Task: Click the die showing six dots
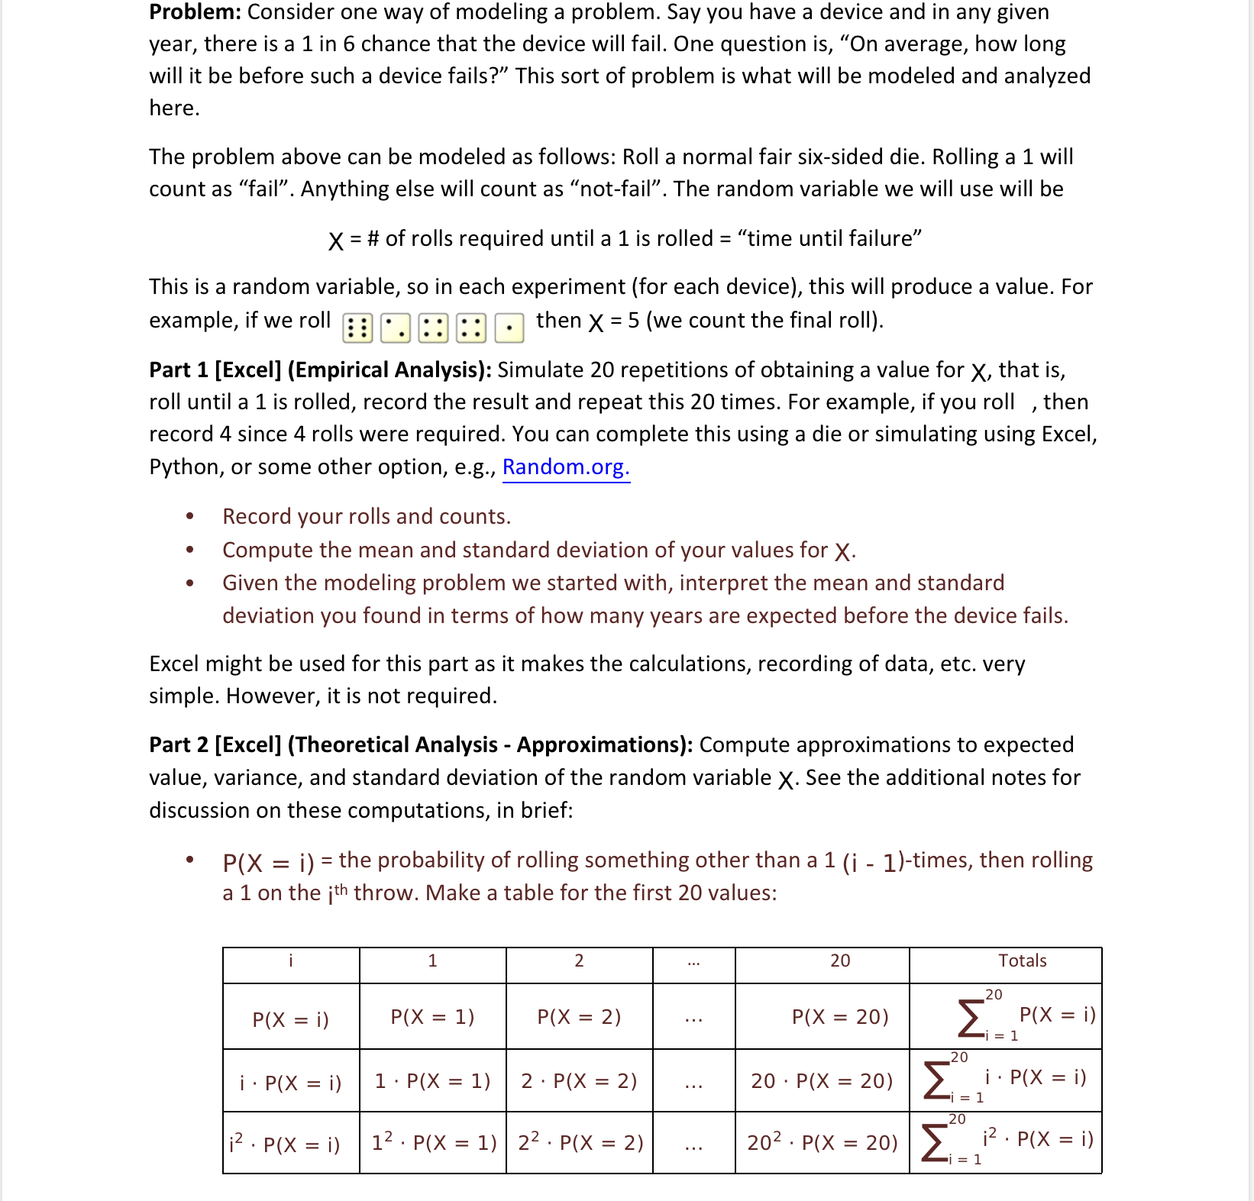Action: tap(357, 328)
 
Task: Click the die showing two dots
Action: tap(396, 328)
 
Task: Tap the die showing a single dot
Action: tap(509, 328)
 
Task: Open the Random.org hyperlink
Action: tap(566, 467)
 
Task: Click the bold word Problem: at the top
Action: tap(196, 12)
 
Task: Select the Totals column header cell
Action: tap(1022, 960)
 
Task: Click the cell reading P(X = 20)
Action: tap(840, 1017)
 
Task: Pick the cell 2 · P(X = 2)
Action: tap(579, 1081)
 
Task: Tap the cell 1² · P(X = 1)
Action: tap(434, 1143)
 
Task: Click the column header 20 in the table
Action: tap(840, 960)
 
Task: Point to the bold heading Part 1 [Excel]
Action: tap(215, 370)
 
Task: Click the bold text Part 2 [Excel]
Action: tap(215, 744)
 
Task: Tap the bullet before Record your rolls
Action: tap(189, 517)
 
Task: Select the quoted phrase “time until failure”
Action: tap(829, 239)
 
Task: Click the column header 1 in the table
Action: tap(432, 960)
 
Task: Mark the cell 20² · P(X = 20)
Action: tap(823, 1143)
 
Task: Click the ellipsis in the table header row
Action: tap(693, 962)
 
